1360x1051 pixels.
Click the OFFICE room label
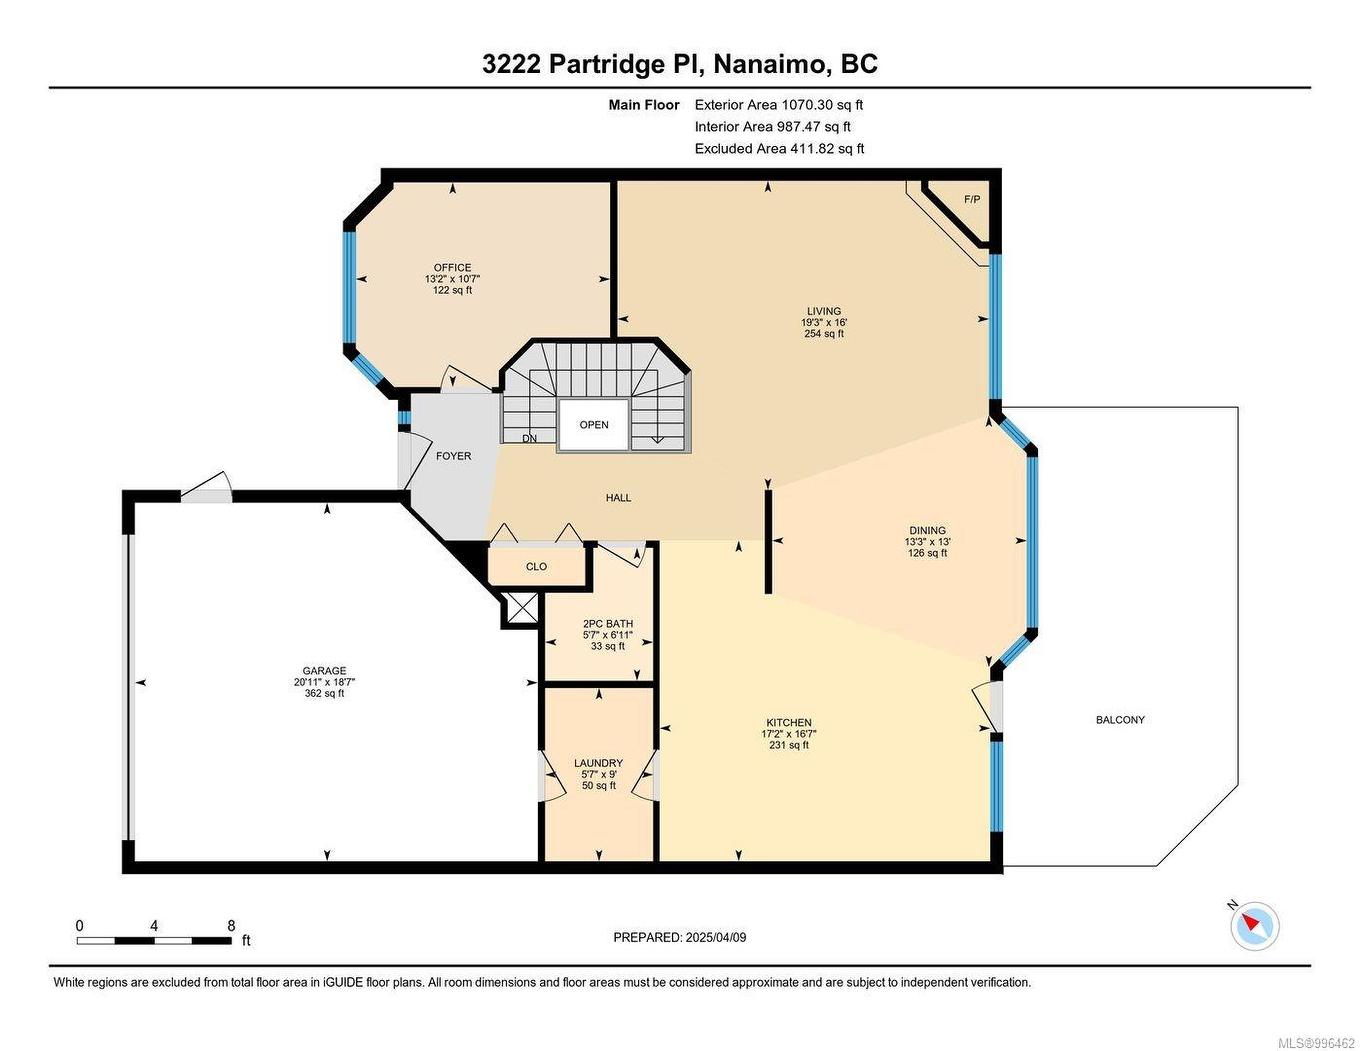[x=452, y=267]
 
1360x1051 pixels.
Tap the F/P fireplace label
[x=971, y=199]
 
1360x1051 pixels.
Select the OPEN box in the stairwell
[x=594, y=425]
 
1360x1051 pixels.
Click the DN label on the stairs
[x=529, y=439]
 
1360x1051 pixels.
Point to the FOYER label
[x=453, y=456]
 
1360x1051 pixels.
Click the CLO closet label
[x=536, y=567]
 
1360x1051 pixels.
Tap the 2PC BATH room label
[x=607, y=624]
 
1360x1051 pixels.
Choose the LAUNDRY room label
[x=598, y=763]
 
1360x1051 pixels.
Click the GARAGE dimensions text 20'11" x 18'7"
[x=324, y=682]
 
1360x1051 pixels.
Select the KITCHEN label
[x=788, y=723]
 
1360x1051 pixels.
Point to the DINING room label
[x=927, y=531]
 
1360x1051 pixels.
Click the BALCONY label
[x=1120, y=720]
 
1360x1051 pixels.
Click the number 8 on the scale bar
[x=231, y=926]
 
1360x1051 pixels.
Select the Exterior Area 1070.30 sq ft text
[x=778, y=105]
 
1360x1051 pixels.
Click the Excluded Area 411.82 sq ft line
[x=779, y=149]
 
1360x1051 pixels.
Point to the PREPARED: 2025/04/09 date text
[x=679, y=938]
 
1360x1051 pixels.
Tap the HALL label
[x=618, y=498]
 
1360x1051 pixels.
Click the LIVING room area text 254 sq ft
[x=824, y=334]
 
